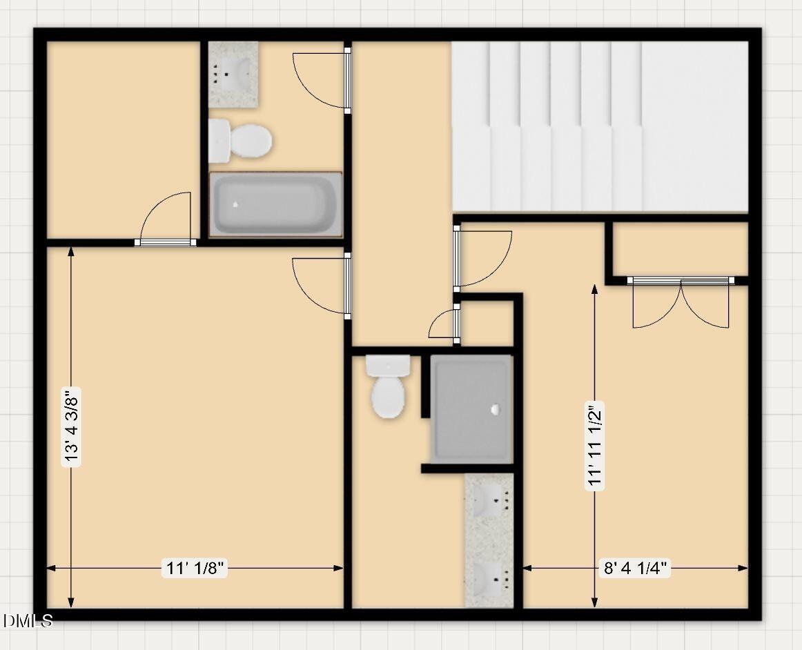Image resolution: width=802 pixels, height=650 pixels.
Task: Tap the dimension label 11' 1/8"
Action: point(195,568)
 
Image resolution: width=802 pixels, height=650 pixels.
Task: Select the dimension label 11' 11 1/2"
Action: point(595,446)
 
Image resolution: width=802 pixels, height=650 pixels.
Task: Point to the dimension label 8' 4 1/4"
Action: point(635,568)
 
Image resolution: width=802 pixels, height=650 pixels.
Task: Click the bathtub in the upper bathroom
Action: point(275,204)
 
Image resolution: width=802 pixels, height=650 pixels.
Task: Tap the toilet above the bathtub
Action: point(240,141)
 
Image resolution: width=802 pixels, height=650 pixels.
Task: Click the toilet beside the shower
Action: point(388,386)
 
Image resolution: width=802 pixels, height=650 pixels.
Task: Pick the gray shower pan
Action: point(471,409)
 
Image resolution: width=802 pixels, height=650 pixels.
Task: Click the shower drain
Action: point(495,409)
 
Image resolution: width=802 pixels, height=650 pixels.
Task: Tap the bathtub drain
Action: point(235,204)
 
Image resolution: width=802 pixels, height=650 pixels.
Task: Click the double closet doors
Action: point(681,303)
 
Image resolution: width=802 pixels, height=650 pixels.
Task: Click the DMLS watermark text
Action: point(28,621)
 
